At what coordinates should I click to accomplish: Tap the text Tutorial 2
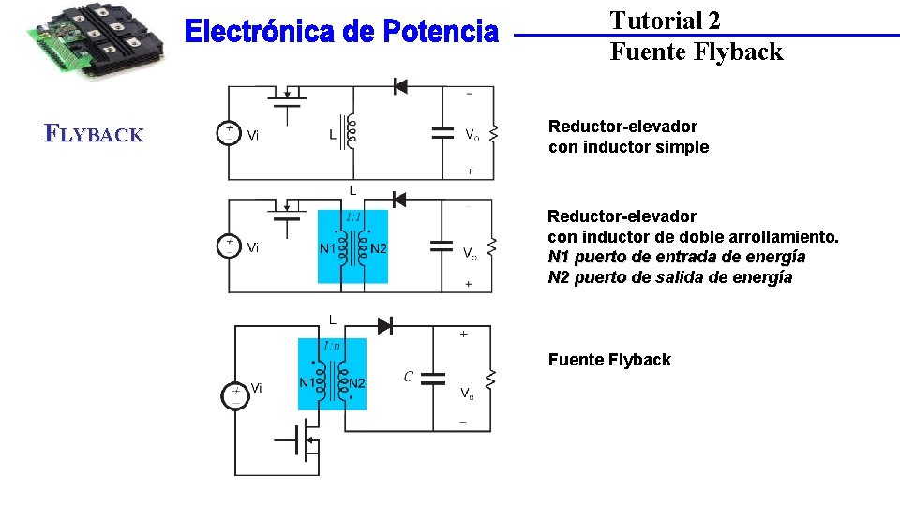point(665,21)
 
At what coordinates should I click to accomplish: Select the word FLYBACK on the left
point(94,134)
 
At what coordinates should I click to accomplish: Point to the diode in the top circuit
point(400,86)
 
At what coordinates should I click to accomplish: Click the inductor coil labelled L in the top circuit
point(352,133)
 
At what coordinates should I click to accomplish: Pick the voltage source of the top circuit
point(229,133)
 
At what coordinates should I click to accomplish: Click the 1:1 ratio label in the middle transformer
point(353,216)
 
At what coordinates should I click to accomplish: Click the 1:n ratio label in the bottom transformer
point(332,346)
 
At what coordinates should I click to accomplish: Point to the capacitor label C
point(409,378)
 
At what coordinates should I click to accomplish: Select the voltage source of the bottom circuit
point(235,395)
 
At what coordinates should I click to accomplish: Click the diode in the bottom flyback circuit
point(385,325)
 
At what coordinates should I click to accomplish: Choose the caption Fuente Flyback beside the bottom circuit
point(609,360)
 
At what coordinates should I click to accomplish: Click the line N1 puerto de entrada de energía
point(676,257)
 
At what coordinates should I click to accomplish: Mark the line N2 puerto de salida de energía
point(669,277)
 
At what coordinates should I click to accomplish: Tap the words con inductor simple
point(628,147)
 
